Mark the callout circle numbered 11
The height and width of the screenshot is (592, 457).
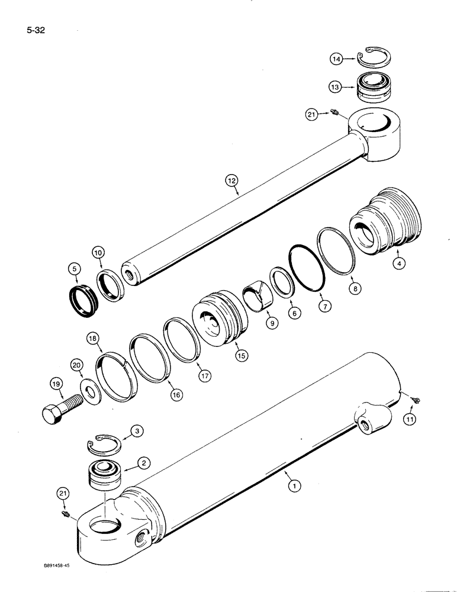pos(409,419)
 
